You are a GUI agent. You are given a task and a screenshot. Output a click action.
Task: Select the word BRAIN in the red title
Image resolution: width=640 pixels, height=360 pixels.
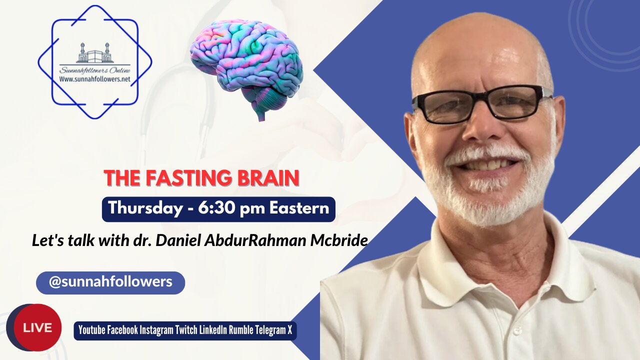tap(272, 178)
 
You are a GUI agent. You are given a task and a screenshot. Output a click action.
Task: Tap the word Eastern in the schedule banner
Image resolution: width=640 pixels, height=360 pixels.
tap(299, 208)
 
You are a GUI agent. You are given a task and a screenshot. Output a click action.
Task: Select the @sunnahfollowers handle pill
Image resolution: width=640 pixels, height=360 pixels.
tap(110, 282)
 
